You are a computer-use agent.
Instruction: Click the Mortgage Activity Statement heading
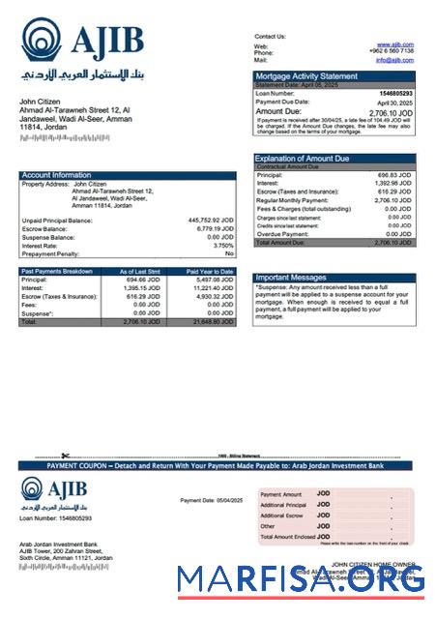click(x=305, y=75)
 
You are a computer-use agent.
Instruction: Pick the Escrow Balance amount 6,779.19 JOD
click(x=214, y=228)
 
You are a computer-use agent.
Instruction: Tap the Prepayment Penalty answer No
click(x=229, y=252)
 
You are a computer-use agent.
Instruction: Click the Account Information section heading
click(x=57, y=175)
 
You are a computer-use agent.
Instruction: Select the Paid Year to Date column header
click(x=210, y=272)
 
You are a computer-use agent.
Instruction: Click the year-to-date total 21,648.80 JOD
click(x=212, y=321)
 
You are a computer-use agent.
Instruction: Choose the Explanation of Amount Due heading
click(x=302, y=158)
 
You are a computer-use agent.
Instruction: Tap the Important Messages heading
click(x=291, y=277)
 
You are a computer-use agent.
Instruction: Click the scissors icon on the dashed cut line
click(x=65, y=455)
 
